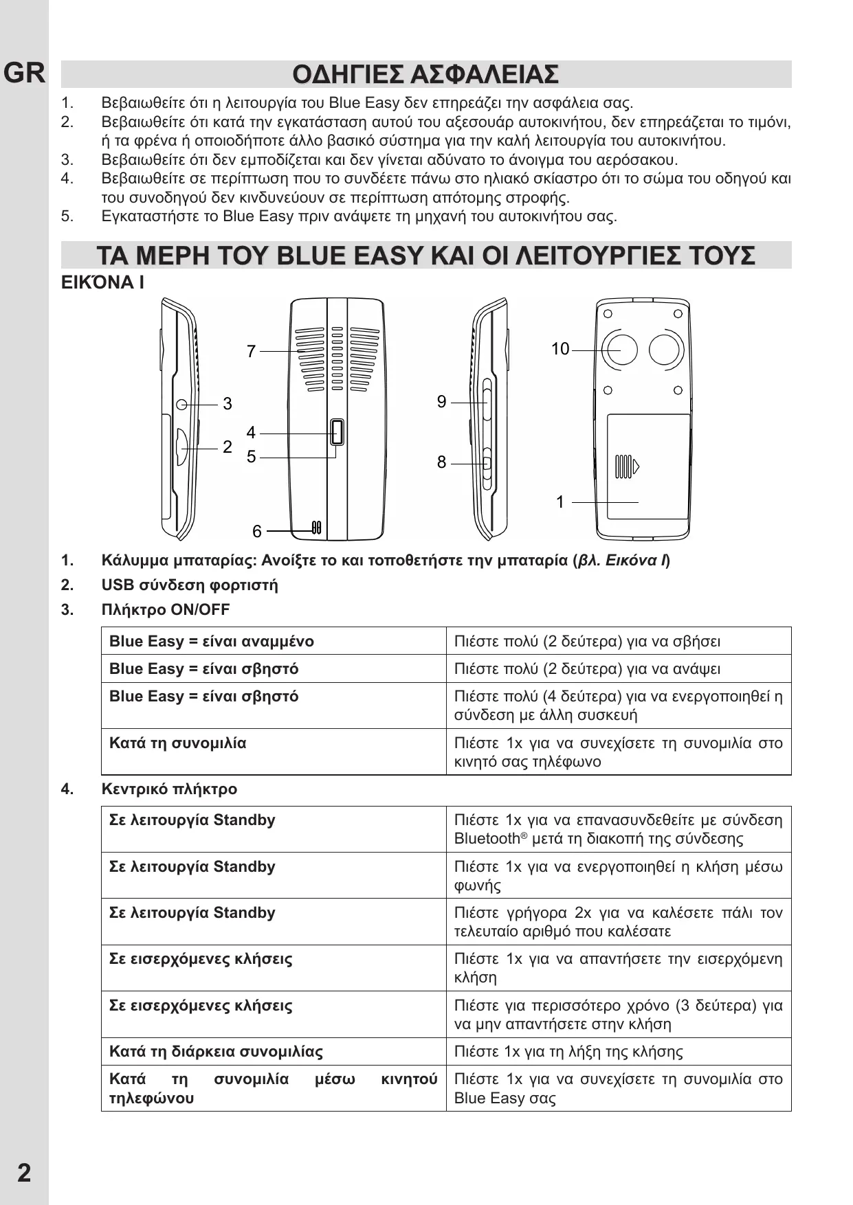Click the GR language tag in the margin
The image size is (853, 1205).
pos(25,74)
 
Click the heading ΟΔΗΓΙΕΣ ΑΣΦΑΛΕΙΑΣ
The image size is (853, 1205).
pos(425,74)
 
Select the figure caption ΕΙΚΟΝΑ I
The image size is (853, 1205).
pos(102,282)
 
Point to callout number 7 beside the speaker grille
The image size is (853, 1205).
pos(252,352)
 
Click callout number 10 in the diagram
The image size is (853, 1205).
pos(560,349)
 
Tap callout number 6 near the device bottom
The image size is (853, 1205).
pos(256,531)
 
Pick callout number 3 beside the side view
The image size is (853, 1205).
pos(228,404)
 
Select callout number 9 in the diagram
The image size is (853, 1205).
pos(442,402)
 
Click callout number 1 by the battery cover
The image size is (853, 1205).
pos(560,502)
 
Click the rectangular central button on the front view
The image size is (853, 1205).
pos(337,432)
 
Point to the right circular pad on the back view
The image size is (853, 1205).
pos(664,349)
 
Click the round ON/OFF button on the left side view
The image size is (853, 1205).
pos(182,404)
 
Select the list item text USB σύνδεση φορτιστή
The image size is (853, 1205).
pos(190,585)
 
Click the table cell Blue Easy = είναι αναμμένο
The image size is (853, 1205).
pos(212,642)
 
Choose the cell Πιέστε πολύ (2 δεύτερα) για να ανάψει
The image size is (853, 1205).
pos(587,669)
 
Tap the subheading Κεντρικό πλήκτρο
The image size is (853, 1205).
pos(169,789)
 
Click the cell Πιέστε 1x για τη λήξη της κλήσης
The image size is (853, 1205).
pos(568,1052)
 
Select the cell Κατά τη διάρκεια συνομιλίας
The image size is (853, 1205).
pos(216,1052)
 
